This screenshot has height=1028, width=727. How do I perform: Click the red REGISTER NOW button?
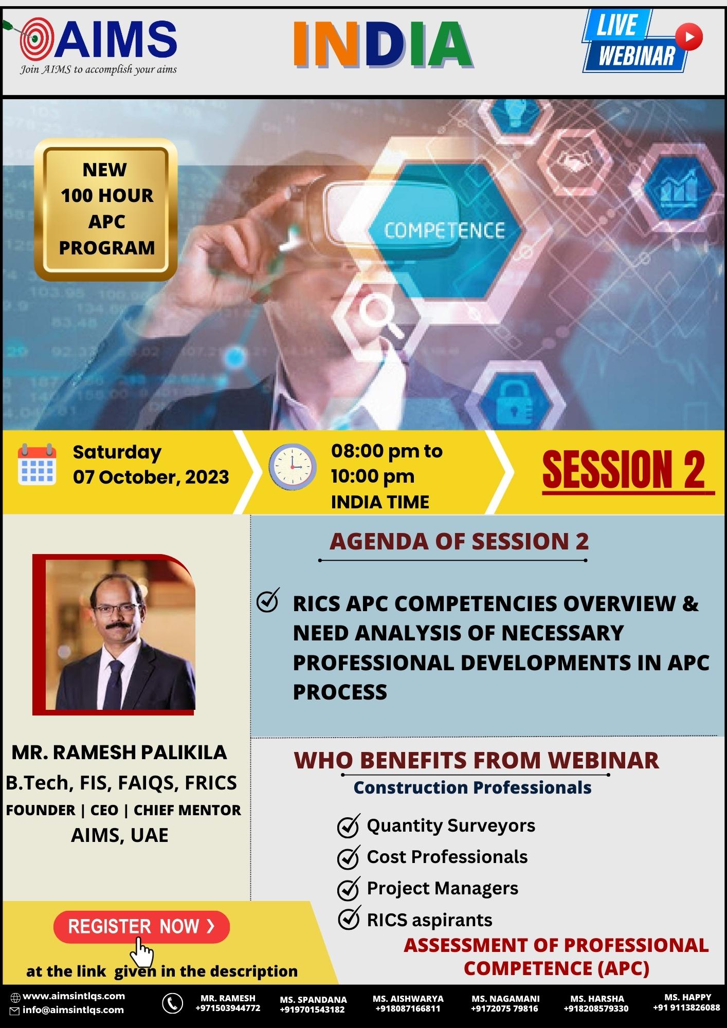pyautogui.click(x=141, y=927)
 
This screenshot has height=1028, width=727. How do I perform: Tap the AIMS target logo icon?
pyautogui.click(x=35, y=39)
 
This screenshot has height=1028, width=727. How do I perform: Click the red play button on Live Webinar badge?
pyautogui.click(x=688, y=36)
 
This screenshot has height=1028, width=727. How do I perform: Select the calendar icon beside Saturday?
pyautogui.click(x=37, y=464)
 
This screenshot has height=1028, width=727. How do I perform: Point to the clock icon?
pyautogui.click(x=293, y=466)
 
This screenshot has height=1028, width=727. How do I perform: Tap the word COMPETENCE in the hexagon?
pyautogui.click(x=445, y=230)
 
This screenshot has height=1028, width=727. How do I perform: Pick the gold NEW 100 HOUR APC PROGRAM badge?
pyautogui.click(x=106, y=209)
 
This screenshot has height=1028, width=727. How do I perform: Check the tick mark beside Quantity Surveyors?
pyautogui.click(x=349, y=825)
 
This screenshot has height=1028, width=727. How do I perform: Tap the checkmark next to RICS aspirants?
pyautogui.click(x=349, y=920)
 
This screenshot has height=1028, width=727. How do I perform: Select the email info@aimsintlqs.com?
pyautogui.click(x=73, y=1009)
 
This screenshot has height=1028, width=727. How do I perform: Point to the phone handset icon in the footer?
pyautogui.click(x=172, y=1002)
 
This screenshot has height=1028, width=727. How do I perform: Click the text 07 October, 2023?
pyautogui.click(x=151, y=477)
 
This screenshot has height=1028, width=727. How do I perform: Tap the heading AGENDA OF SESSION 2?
pyautogui.click(x=459, y=541)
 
